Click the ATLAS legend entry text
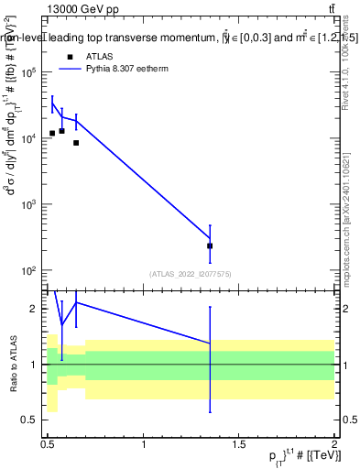coord(100,56)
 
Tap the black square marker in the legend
coord(70,57)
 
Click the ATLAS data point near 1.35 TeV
coord(210,245)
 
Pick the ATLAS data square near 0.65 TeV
coord(76,142)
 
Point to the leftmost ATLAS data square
coord(52,133)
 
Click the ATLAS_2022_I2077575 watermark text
coord(189,273)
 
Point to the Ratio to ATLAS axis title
coord(13,364)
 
